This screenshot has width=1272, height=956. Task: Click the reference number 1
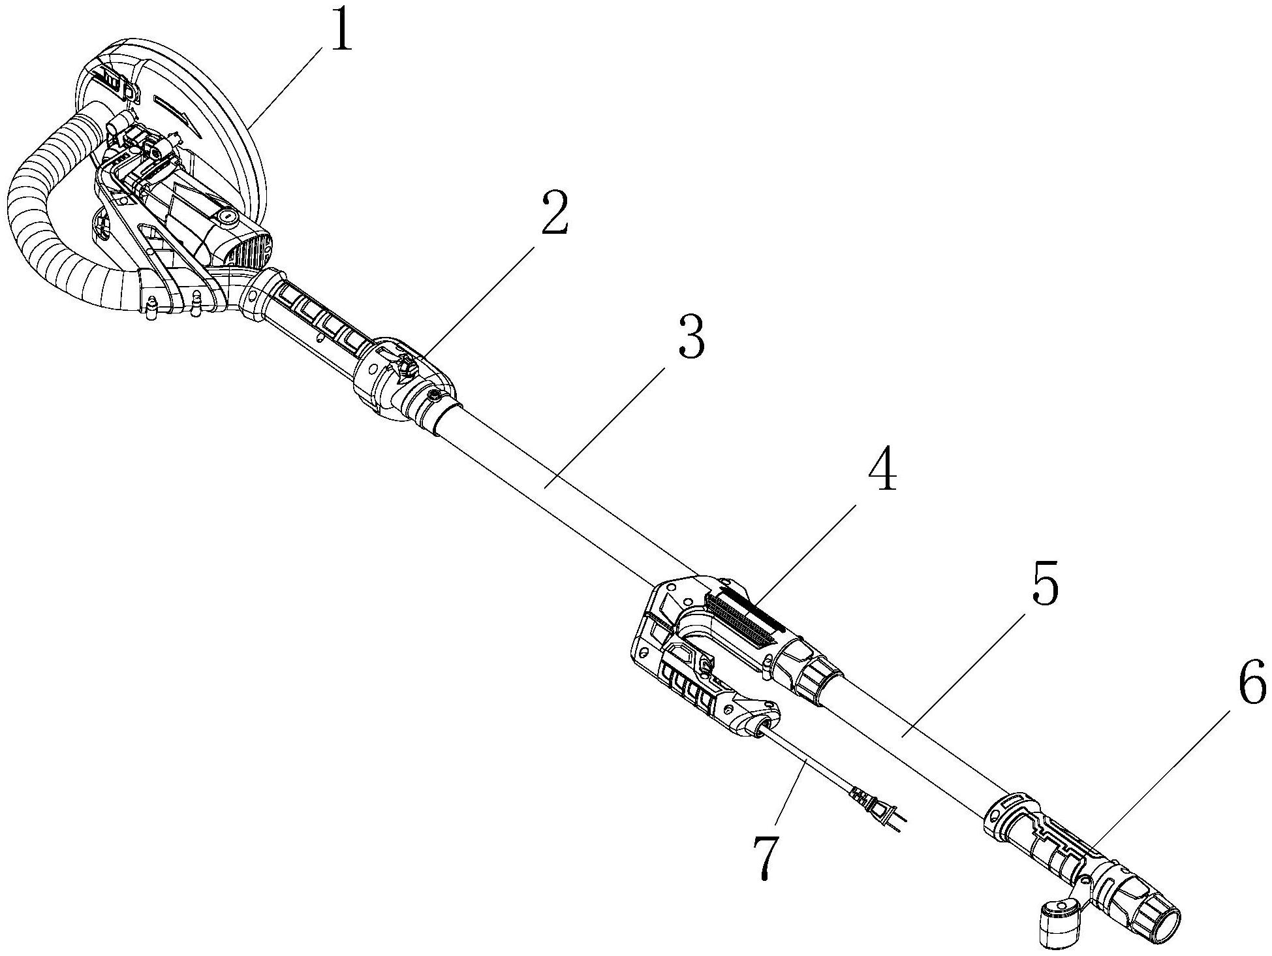341,27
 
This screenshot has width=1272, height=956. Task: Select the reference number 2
553,214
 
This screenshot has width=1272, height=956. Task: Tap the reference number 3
690,336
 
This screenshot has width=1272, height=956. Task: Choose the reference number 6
1248,681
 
